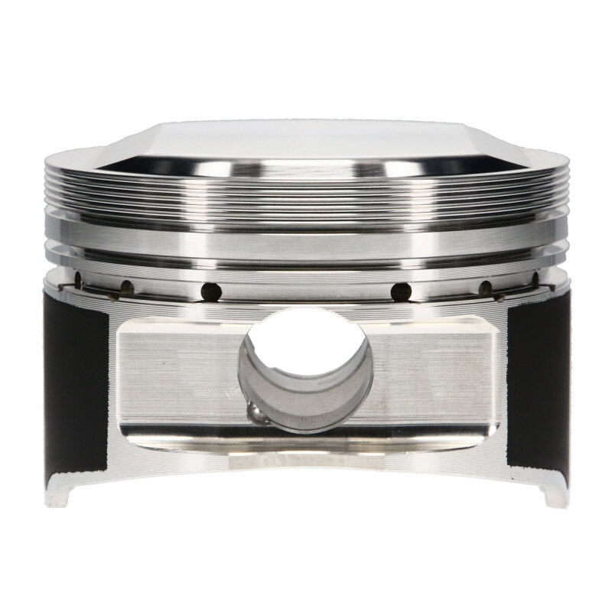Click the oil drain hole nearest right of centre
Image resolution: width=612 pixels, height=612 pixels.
pos(399,291)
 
